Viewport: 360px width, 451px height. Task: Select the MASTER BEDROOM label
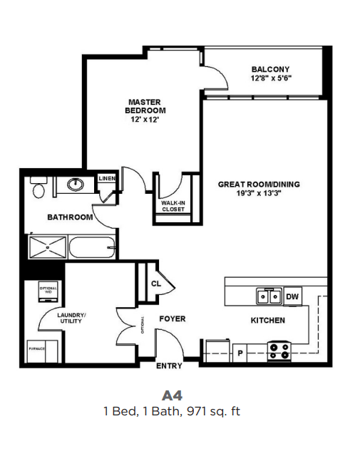[145, 106]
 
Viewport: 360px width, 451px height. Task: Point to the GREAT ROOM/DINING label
[259, 185]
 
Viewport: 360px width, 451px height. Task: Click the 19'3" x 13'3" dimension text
[259, 194]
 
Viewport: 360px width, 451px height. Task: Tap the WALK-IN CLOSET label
[174, 206]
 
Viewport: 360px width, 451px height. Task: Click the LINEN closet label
[107, 178]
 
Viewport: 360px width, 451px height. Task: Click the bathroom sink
[76, 185]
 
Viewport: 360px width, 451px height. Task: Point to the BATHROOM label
[70, 217]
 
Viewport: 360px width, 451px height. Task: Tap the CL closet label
[156, 283]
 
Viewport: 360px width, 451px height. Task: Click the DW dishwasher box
[292, 296]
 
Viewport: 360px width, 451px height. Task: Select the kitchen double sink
[269, 296]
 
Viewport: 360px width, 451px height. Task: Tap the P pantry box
[240, 351]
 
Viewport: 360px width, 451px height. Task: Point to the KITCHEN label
[267, 321]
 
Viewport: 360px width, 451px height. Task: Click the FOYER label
[172, 318]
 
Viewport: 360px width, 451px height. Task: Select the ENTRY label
[170, 366]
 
